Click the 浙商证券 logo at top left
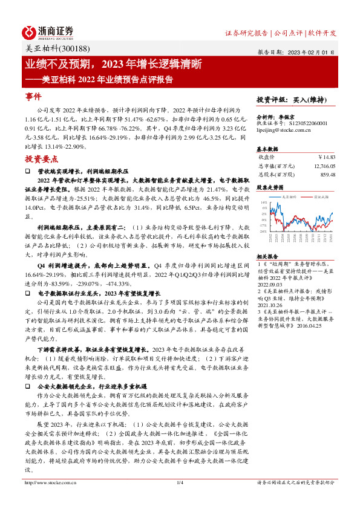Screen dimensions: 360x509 pos(49,31)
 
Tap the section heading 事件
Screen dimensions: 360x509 pos(33,96)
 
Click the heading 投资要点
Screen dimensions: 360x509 pos(41,159)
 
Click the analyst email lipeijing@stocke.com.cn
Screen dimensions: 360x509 pos(284,129)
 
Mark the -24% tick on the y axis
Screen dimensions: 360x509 pos(263,231)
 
